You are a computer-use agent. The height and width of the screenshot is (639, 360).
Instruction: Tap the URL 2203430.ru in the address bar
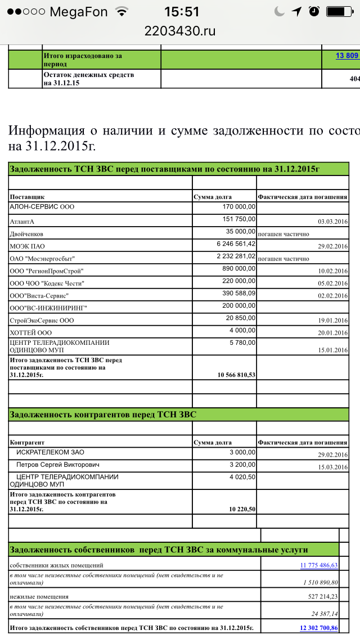tap(180, 31)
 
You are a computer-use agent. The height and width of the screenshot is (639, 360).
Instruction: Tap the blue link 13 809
tap(347, 55)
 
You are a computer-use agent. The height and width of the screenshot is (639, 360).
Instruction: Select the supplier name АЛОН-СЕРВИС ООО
tap(42, 206)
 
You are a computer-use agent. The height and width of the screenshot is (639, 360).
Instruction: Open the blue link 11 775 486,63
tap(319, 565)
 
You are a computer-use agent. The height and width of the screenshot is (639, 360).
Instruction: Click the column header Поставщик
tap(27, 197)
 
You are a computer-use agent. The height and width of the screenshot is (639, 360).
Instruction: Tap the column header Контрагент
tap(27, 443)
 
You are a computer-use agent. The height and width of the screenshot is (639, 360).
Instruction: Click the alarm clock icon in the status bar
tap(314, 11)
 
